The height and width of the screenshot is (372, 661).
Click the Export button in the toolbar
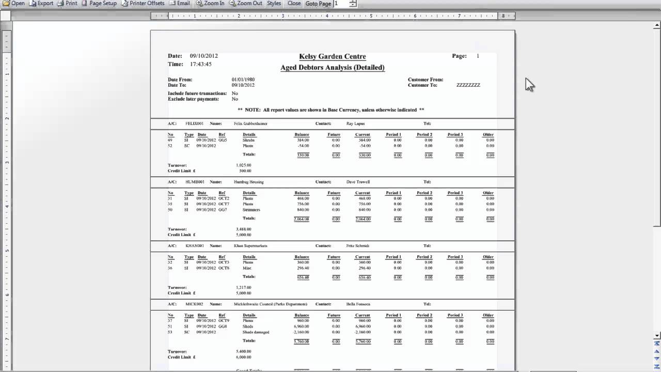pyautogui.click(x=41, y=3)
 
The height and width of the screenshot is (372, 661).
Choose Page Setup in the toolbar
pyautogui.click(x=99, y=3)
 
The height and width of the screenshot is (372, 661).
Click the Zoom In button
pyautogui.click(x=210, y=3)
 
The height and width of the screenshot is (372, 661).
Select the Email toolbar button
pyautogui.click(x=180, y=3)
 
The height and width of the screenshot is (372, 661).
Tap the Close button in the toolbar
pyautogui.click(x=294, y=3)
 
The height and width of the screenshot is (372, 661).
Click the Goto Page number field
pyautogui.click(x=341, y=4)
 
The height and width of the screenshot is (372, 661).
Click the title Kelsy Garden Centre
pyautogui.click(x=332, y=57)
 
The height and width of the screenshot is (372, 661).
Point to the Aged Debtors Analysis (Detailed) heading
pyautogui.click(x=332, y=68)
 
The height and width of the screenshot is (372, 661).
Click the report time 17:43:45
pyautogui.click(x=200, y=65)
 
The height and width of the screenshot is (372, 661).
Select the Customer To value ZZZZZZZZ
pyautogui.click(x=468, y=85)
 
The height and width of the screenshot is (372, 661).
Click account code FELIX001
pyautogui.click(x=195, y=124)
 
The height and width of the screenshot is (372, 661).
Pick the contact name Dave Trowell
pyautogui.click(x=358, y=182)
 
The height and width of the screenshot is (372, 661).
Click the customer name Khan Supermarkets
pyautogui.click(x=250, y=246)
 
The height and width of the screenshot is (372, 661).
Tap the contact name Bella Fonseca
pyautogui.click(x=358, y=304)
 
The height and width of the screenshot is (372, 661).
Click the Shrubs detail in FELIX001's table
pyautogui.click(x=248, y=140)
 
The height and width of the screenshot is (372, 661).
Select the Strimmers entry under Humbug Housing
pyautogui.click(x=251, y=210)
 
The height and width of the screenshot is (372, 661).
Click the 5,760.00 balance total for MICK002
pyautogui.click(x=302, y=342)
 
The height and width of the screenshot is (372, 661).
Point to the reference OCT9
pyautogui.click(x=224, y=321)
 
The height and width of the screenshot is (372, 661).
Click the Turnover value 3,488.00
pyautogui.click(x=243, y=229)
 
